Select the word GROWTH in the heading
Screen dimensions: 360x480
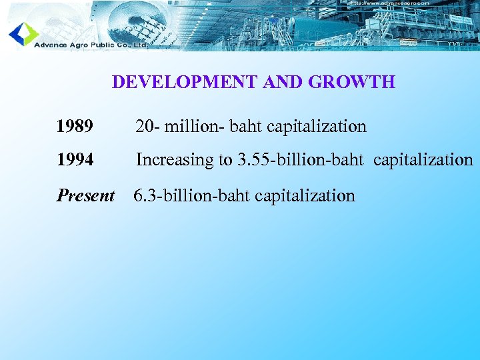pyautogui.click(x=353, y=82)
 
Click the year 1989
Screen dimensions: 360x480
pyautogui.click(x=75, y=126)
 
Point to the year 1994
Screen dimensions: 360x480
pyautogui.click(x=75, y=160)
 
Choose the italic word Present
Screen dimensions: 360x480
pyautogui.click(x=86, y=195)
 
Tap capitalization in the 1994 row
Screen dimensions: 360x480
pyautogui.click(x=423, y=160)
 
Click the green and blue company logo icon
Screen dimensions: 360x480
pyautogui.click(x=23, y=33)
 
